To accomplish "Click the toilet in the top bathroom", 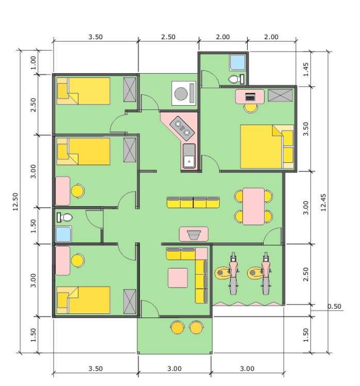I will pyautogui.click(x=235, y=79).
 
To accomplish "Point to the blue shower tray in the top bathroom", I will pyautogui.click(x=238, y=62).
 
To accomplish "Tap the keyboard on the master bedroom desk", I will pyautogui.click(x=250, y=96).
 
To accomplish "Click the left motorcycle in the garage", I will pyautogui.click(x=231, y=272).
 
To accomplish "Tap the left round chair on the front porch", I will pyautogui.click(x=177, y=327).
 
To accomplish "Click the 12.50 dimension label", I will pyautogui.click(x=15, y=202).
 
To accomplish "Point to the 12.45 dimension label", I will pyautogui.click(x=323, y=201).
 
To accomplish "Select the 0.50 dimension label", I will pyautogui.click(x=334, y=307).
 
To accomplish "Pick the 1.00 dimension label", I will pyautogui.click(x=34, y=62).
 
